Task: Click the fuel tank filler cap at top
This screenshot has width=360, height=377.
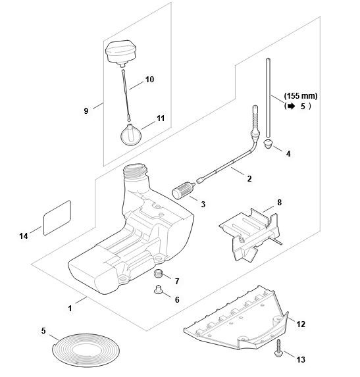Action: click(121, 53)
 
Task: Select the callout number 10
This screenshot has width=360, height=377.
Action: click(149, 80)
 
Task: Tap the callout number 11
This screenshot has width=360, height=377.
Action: click(161, 118)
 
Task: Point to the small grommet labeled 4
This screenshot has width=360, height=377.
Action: click(269, 143)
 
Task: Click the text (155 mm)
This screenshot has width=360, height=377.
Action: click(301, 96)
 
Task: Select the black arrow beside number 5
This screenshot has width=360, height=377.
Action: click(292, 106)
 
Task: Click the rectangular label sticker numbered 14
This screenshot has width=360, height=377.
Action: click(57, 218)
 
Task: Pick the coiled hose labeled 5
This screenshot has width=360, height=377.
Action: click(86, 350)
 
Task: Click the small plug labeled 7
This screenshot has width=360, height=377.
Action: click(158, 274)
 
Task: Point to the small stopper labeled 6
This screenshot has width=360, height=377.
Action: click(158, 289)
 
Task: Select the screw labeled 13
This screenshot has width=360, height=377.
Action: click(278, 348)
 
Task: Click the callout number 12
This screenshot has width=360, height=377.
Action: click(301, 324)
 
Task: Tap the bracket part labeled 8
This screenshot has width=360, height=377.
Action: click(250, 234)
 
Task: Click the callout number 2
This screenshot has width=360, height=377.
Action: click(249, 179)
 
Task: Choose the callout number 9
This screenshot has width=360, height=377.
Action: click(86, 111)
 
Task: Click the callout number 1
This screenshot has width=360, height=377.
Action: click(70, 309)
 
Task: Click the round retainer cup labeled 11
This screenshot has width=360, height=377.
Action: click(130, 135)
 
